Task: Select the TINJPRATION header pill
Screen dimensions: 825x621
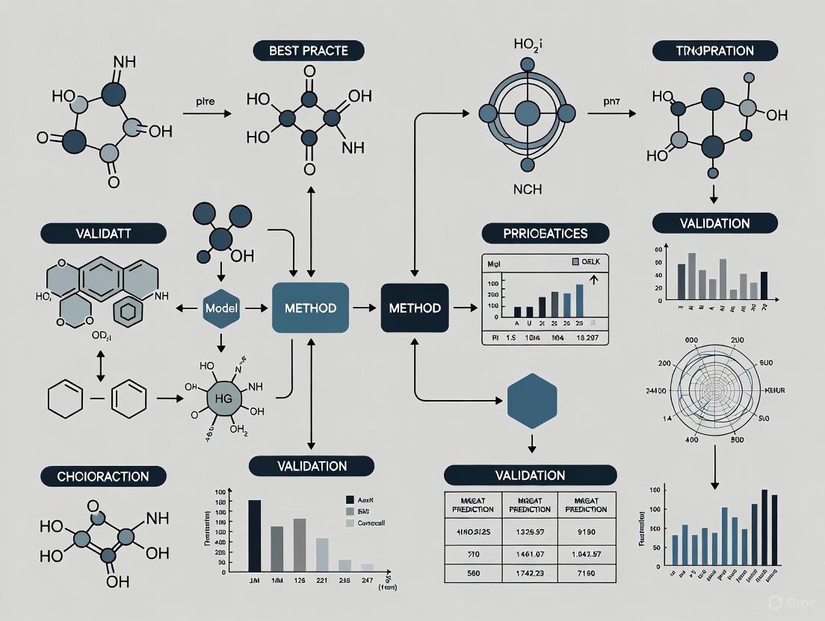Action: click(x=715, y=51)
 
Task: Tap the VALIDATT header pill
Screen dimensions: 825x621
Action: click(x=83, y=233)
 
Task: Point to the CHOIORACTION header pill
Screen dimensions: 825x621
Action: click(x=103, y=476)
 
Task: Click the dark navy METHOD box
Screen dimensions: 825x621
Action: click(x=415, y=308)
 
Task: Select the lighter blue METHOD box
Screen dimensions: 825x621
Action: click(x=310, y=308)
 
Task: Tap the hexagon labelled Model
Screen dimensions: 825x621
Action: click(x=220, y=308)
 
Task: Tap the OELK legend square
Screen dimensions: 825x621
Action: click(x=575, y=262)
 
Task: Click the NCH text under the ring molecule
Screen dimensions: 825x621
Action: click(x=528, y=190)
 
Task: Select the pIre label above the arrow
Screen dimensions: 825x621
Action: click(x=207, y=99)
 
